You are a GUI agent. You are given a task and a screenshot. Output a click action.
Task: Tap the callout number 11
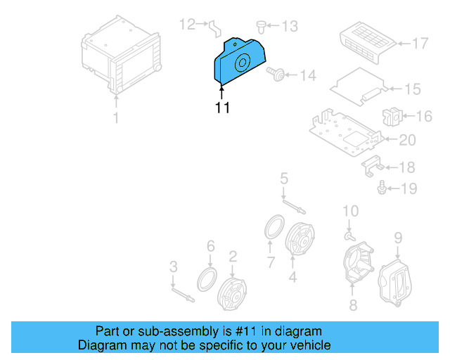pyautogui.click(x=222, y=108)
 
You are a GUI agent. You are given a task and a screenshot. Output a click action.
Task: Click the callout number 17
pyautogui.click(x=419, y=44)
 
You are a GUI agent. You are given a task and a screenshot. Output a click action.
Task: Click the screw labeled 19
pyautogui.click(x=382, y=188)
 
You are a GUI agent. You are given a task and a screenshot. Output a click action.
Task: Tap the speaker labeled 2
pyautogui.click(x=232, y=289)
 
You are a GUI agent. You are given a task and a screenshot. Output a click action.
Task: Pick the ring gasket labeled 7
pyautogui.click(x=272, y=229)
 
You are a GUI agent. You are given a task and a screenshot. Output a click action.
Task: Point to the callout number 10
pyautogui.click(x=350, y=211)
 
